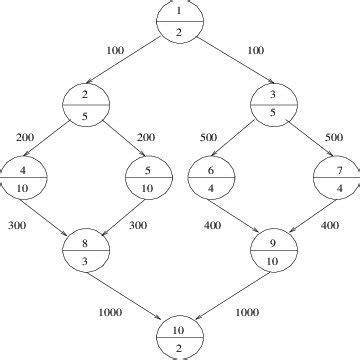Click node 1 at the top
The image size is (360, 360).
click(180, 20)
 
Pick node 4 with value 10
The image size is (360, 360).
click(22, 178)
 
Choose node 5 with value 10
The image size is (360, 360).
click(147, 178)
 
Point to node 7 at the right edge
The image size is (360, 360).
click(338, 178)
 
